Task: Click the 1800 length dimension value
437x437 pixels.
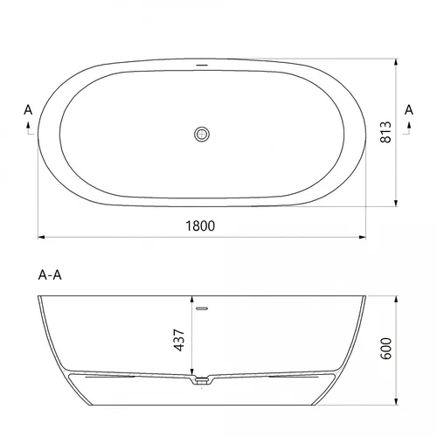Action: (200, 225)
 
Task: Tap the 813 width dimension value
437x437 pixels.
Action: (385, 132)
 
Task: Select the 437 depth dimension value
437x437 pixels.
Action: (179, 340)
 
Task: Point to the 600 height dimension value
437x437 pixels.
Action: (386, 349)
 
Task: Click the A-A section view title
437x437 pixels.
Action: (50, 274)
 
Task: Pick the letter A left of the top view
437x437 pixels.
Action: (28, 110)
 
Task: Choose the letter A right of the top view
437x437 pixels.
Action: (409, 110)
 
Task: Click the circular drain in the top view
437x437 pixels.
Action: (202, 135)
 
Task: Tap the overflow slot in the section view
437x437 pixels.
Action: (202, 309)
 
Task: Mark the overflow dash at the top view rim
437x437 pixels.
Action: (202, 65)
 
